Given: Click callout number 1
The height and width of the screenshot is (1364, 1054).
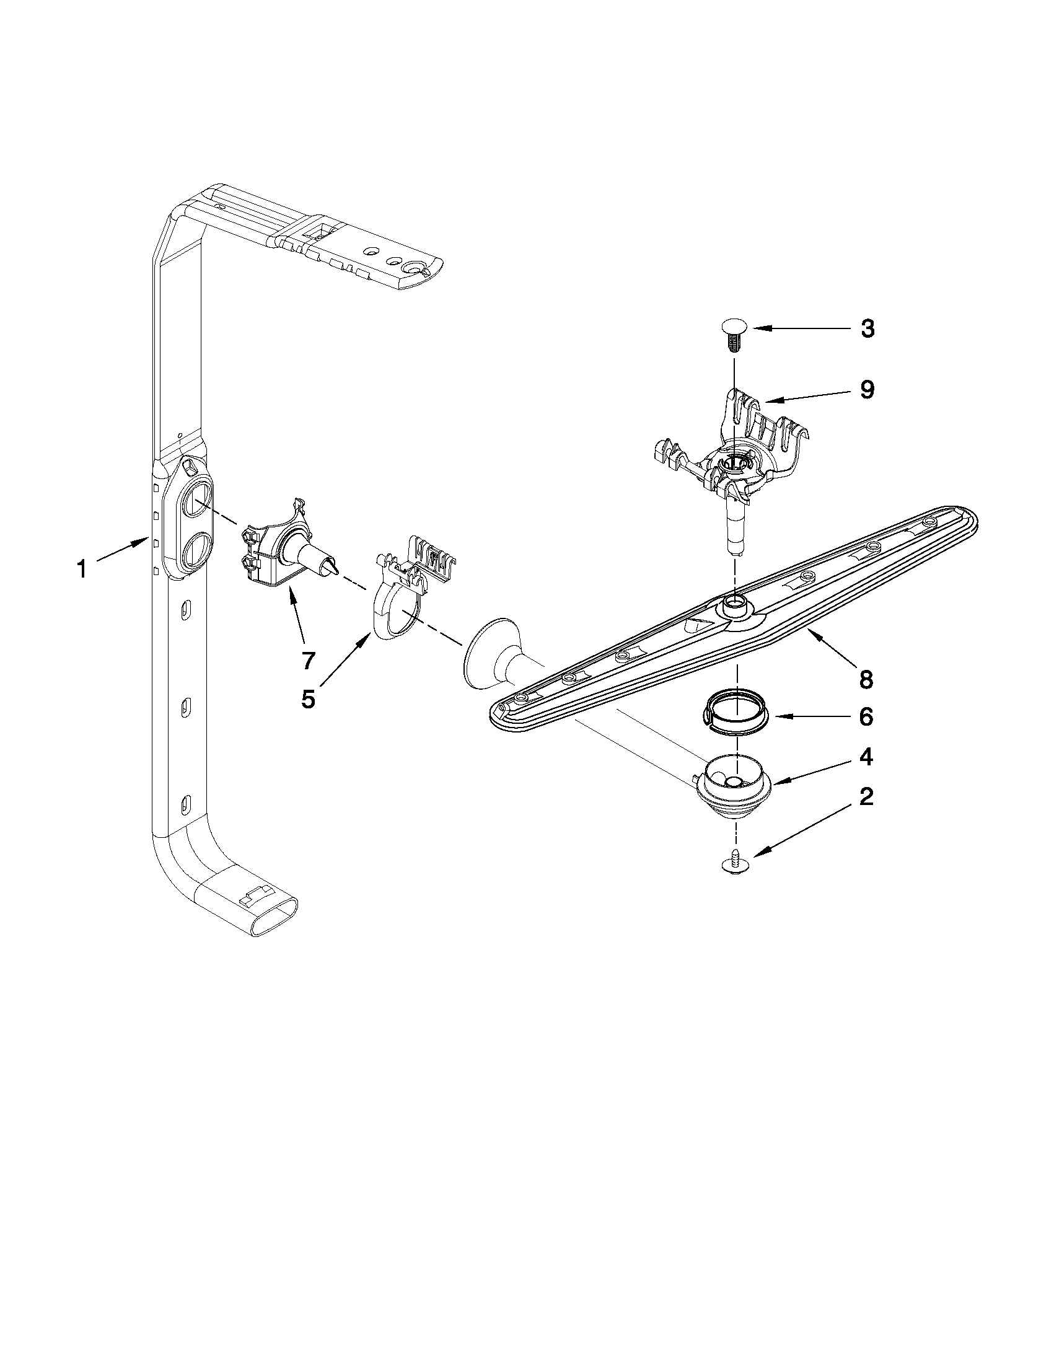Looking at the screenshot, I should point(82,569).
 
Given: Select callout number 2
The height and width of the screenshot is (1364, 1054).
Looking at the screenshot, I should point(866,797).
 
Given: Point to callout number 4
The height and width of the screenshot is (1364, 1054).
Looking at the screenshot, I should point(866,757).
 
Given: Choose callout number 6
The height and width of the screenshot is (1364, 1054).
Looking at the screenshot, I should point(866,717).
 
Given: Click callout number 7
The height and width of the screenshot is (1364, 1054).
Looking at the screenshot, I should point(308,658).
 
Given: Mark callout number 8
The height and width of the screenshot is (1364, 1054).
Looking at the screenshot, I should point(866,679).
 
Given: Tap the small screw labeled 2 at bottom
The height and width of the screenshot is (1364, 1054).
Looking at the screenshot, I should point(735,863).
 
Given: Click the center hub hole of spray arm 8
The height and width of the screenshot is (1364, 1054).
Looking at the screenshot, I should point(734,602).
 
